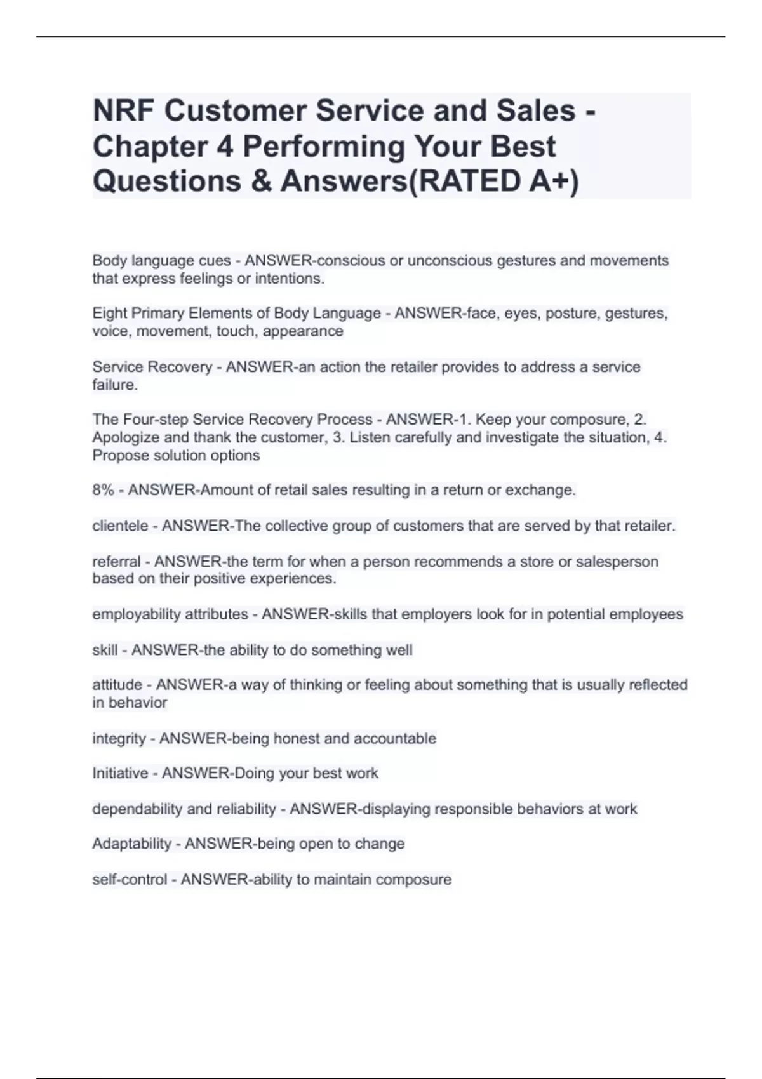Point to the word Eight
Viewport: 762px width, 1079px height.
coord(109,314)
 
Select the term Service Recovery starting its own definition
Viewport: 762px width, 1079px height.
coord(152,367)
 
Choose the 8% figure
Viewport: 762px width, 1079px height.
coord(103,490)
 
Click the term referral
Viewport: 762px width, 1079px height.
coord(116,562)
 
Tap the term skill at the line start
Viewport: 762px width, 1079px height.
coord(105,650)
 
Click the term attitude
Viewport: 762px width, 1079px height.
coord(117,685)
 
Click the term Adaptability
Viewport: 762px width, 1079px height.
coord(131,844)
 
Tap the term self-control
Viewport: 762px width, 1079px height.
coord(130,880)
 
